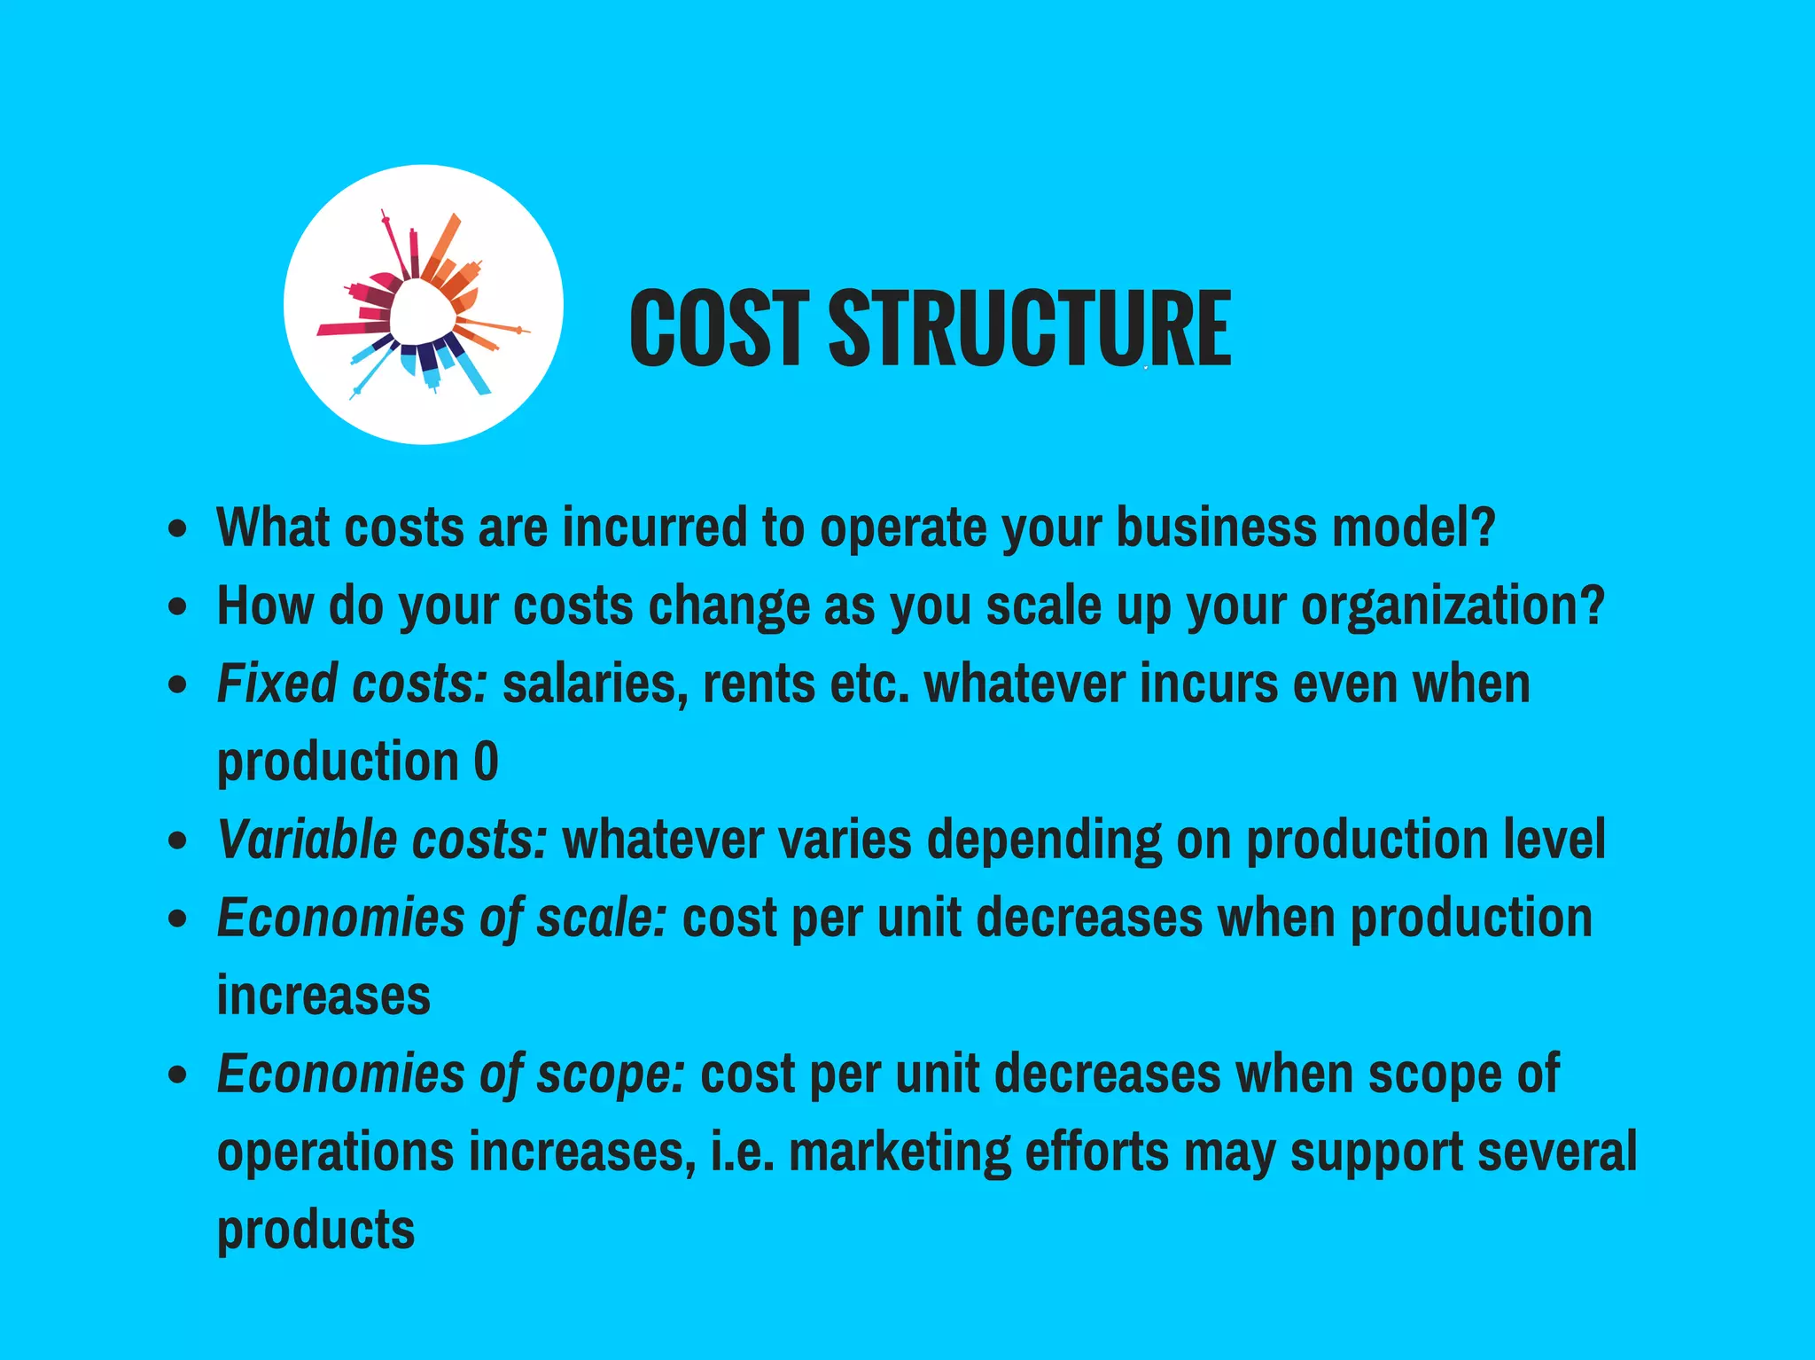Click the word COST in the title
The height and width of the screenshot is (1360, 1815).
coord(719,327)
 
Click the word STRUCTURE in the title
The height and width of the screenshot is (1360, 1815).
coord(1029,327)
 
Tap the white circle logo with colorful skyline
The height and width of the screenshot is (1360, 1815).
coord(424,304)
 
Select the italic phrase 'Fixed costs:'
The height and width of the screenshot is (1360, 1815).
coord(352,684)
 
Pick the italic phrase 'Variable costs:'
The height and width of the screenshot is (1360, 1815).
coord(382,840)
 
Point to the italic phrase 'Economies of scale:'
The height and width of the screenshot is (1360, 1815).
coord(441,918)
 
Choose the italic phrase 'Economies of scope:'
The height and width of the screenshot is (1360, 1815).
coord(450,1075)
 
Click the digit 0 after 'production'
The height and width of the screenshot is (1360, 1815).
coord(486,762)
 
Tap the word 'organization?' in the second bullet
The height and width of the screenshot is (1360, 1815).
coord(1453,606)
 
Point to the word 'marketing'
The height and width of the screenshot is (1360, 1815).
coord(899,1153)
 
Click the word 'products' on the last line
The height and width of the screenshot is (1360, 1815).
coord(315,1231)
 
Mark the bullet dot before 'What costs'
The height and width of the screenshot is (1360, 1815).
coord(178,529)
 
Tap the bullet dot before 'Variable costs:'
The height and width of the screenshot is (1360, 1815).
coord(178,840)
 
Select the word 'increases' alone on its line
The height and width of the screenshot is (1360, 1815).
coord(323,996)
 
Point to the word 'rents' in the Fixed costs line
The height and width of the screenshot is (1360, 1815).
coord(759,684)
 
